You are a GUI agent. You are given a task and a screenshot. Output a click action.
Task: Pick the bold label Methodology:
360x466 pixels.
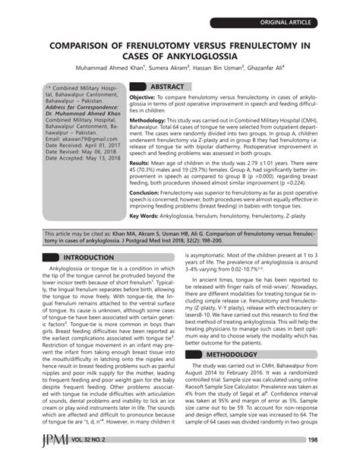[148, 120]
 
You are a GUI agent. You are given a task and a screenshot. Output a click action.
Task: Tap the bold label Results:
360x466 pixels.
[139, 163]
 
